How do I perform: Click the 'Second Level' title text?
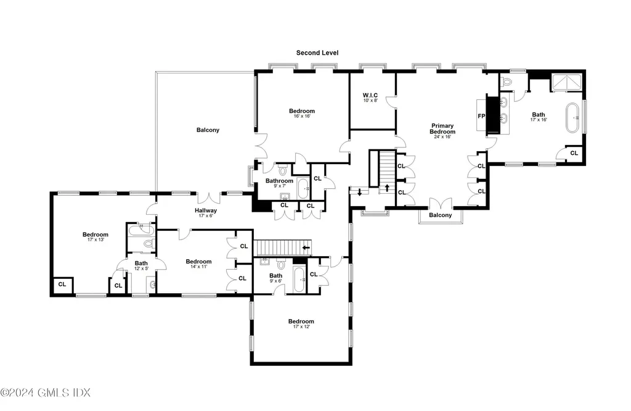coord(317,53)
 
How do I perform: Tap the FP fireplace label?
coord(482,115)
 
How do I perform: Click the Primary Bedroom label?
coord(442,128)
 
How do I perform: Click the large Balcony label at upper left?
coord(208,130)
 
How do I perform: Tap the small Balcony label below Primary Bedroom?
coord(440,215)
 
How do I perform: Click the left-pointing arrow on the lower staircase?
coord(306,247)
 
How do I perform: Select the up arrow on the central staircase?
coord(387,187)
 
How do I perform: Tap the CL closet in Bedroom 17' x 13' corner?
coord(62,284)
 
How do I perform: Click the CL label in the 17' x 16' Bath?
coord(574,153)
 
